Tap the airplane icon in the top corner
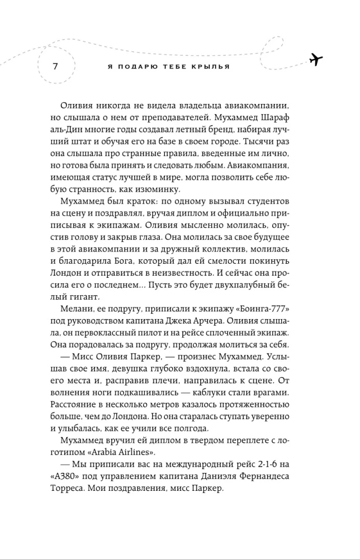(x=317, y=58)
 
